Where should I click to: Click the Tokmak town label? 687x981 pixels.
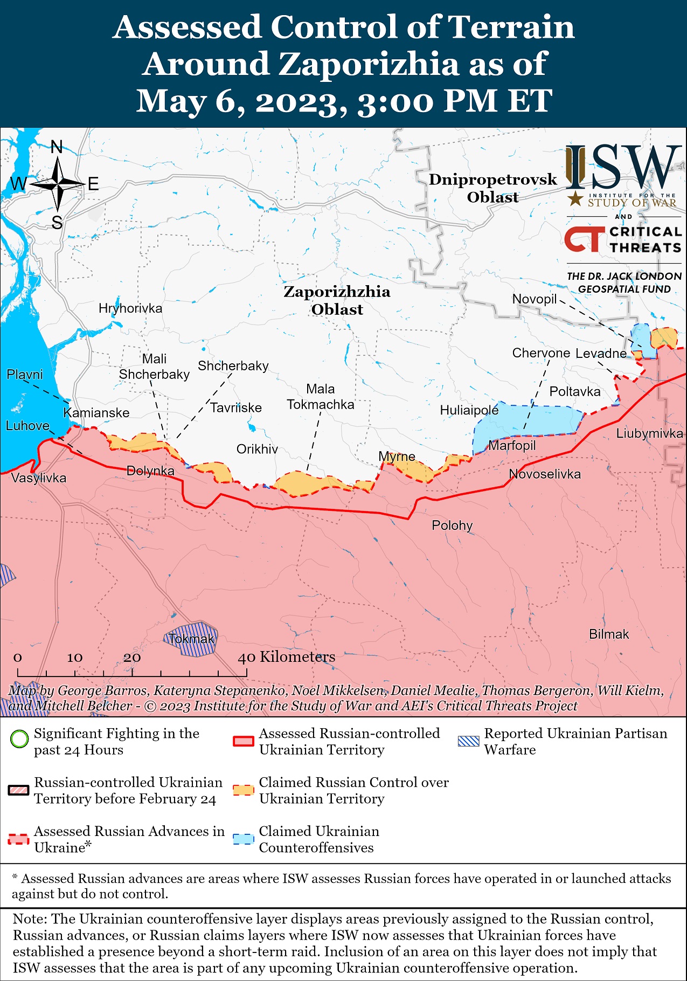pos(191,639)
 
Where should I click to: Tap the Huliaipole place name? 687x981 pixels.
pos(469,410)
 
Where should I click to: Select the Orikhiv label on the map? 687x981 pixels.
pos(257,449)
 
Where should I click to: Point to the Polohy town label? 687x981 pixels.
pos(452,525)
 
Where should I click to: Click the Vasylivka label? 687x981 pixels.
pos(38,478)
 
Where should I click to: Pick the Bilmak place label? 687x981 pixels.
pos(609,634)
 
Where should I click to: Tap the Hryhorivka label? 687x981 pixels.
pos(130,308)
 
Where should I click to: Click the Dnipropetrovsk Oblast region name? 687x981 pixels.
pos(492,188)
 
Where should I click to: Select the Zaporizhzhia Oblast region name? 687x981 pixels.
pos(337,300)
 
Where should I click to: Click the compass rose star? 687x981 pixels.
pos(57,184)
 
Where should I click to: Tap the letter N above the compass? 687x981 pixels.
pos(57,147)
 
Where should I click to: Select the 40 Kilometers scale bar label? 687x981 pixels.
pos(287,657)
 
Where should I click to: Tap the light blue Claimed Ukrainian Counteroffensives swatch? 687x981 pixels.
pos(243,839)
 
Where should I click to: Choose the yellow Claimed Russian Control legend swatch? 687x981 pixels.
pos(243,790)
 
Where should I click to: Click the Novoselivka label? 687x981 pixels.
pos(545,474)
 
